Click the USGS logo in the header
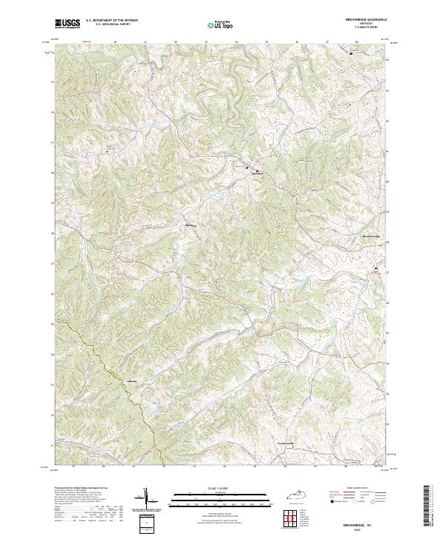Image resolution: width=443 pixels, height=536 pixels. (x=67, y=24)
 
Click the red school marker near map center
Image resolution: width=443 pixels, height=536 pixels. (x=257, y=171)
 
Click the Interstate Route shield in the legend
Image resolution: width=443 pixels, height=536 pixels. (x=329, y=501)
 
